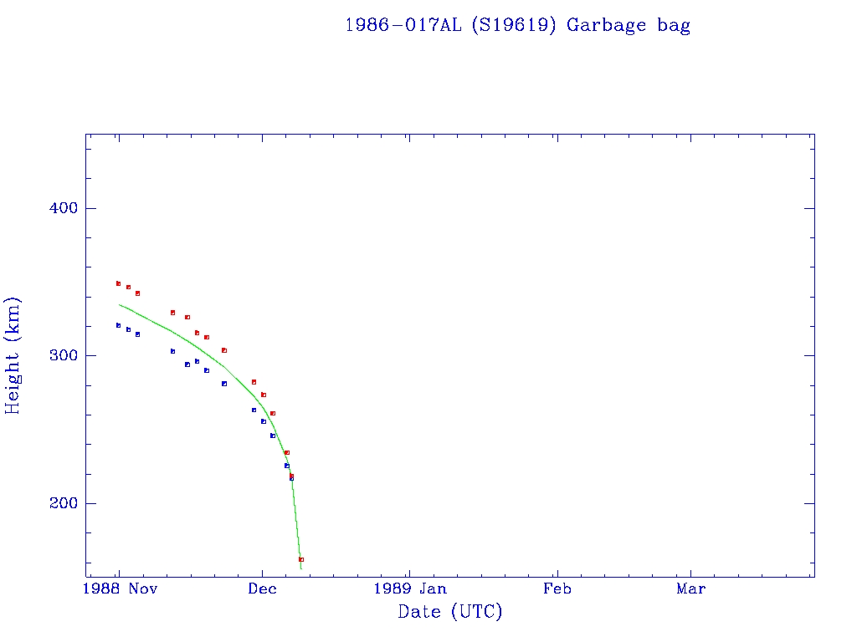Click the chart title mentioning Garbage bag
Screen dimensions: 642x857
point(517,25)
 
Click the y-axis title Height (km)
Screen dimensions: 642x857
point(13,355)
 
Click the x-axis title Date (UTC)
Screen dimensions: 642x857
point(450,612)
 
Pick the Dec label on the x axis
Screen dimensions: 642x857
point(262,588)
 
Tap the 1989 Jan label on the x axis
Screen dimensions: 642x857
point(408,588)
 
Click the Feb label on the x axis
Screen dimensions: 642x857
point(557,588)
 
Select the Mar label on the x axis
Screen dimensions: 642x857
point(690,588)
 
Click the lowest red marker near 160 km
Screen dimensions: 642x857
point(301,559)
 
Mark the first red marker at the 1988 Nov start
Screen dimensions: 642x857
point(118,283)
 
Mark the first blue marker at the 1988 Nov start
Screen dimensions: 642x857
point(118,325)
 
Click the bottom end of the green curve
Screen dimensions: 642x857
point(301,569)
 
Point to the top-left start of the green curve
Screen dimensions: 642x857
point(119,304)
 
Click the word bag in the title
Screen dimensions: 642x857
point(674,25)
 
